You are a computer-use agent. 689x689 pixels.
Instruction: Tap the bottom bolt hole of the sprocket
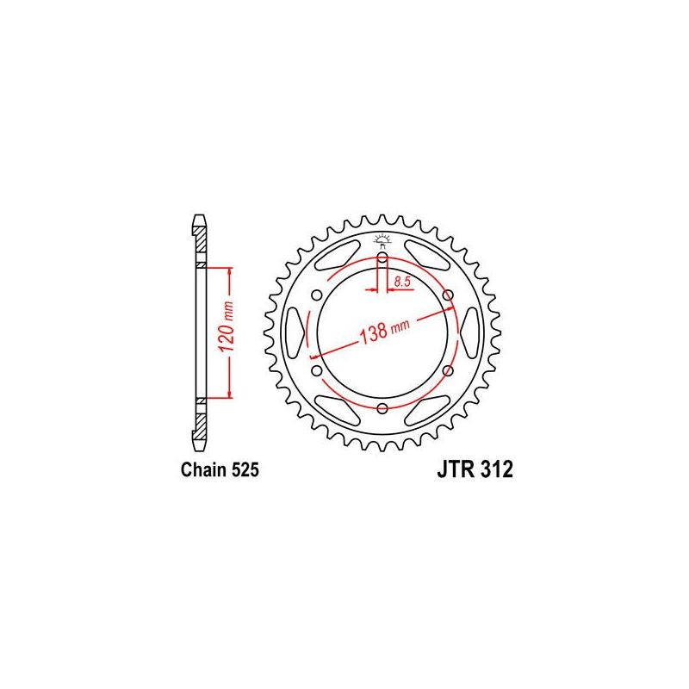coord(382,408)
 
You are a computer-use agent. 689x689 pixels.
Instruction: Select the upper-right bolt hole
coord(448,295)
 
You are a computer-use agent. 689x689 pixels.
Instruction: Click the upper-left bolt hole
coord(317,295)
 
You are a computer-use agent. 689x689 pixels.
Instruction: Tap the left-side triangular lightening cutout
coord(295,332)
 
